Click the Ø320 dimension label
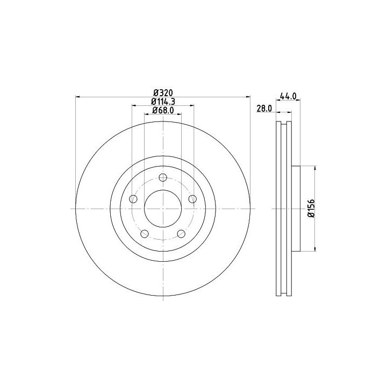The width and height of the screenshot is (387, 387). [x=163, y=93]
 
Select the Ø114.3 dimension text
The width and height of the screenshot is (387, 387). [x=163, y=102]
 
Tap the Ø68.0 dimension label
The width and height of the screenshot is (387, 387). [x=163, y=110]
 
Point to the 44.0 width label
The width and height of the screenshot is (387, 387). [x=288, y=96]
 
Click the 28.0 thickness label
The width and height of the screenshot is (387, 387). [x=264, y=109]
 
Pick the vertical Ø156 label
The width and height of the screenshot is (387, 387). [x=311, y=208]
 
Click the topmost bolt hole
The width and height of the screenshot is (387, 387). [x=163, y=177]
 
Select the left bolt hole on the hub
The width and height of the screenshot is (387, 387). [x=133, y=199]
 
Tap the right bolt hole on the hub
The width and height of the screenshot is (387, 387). [x=192, y=199]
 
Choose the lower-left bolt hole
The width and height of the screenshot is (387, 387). [x=145, y=233]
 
